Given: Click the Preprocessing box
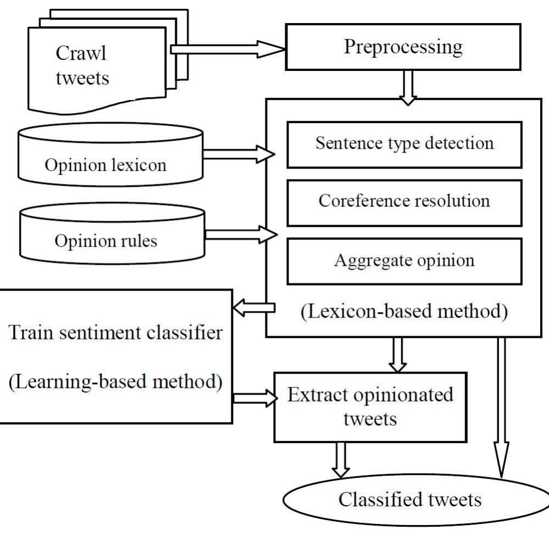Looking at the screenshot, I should click(x=403, y=47).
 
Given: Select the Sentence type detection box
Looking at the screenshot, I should click(x=404, y=144).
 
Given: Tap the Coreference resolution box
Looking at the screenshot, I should click(x=404, y=201).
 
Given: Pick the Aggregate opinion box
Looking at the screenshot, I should click(x=404, y=260).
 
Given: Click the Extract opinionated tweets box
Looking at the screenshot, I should click(x=370, y=407).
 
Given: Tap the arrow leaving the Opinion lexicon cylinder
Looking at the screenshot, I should click(x=239, y=155).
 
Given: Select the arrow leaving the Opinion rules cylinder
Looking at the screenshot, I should click(x=240, y=235).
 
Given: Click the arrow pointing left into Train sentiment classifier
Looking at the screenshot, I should click(x=253, y=309).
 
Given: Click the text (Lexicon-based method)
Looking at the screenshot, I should click(x=404, y=311).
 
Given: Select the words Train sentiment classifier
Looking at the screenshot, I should click(x=115, y=333).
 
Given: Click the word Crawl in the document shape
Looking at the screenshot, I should click(x=81, y=54).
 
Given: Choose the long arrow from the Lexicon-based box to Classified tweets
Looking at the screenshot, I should click(x=501, y=406).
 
